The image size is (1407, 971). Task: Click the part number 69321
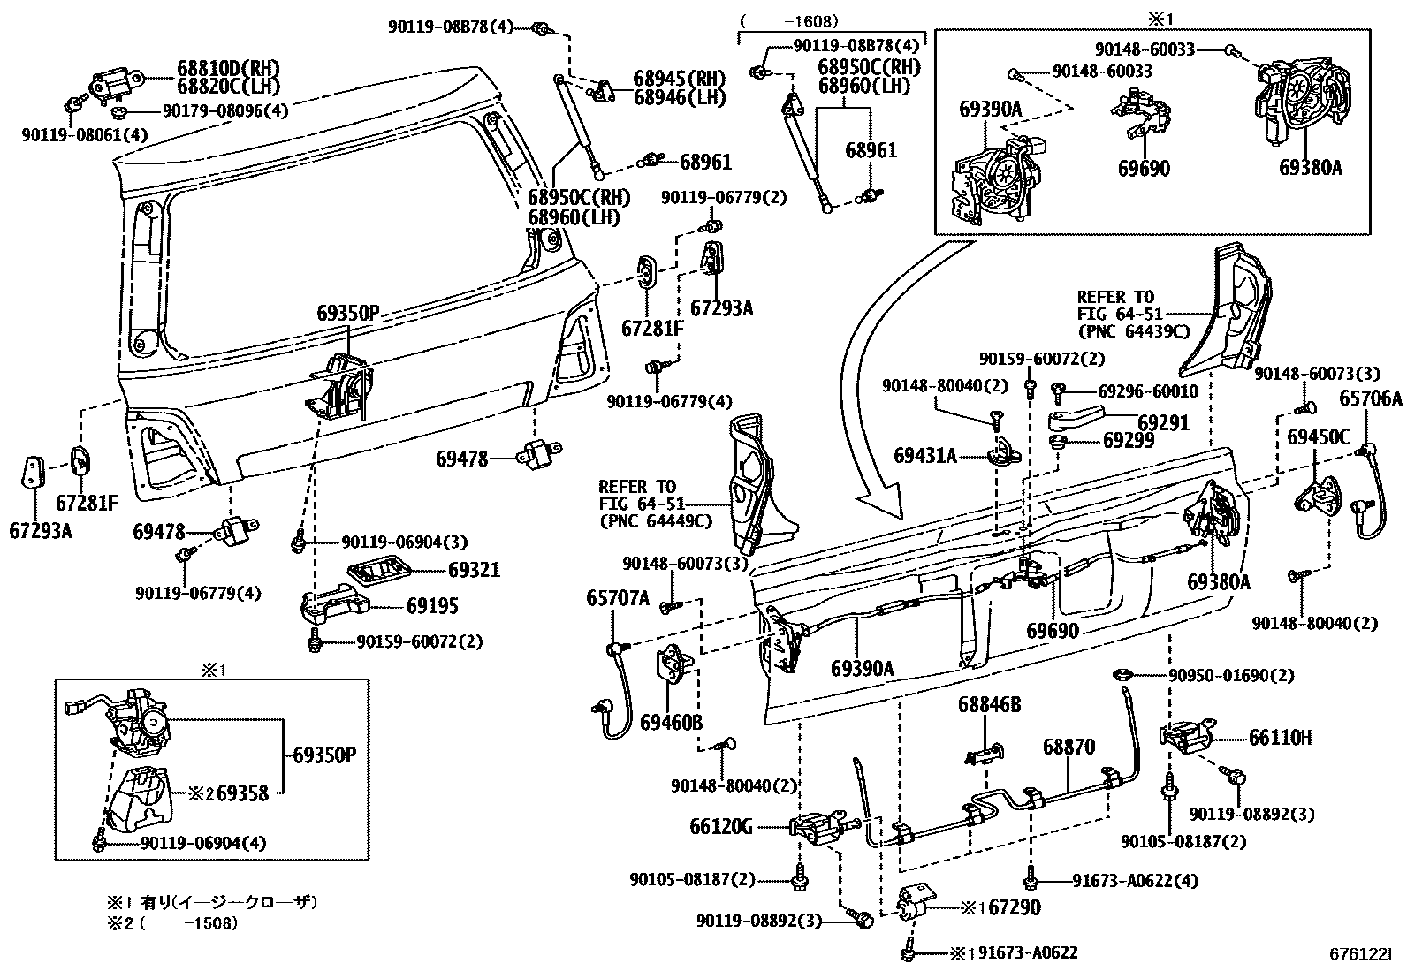(474, 570)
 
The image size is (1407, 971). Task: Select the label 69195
(432, 606)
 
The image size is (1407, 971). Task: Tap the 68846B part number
(989, 705)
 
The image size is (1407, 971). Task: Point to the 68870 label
(1069, 747)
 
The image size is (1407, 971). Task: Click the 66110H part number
(1280, 738)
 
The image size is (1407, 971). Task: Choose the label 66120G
(721, 827)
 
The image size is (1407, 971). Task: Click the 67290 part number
(1015, 907)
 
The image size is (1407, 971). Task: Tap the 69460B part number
(671, 723)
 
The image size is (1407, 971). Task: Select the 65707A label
(618, 598)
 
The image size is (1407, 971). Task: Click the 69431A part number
(925, 456)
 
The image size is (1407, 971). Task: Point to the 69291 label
(1164, 422)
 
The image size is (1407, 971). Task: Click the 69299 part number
(1129, 441)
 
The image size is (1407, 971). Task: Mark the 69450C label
(1319, 437)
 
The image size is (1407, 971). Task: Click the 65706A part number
(1371, 398)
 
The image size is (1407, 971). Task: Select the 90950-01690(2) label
(1232, 676)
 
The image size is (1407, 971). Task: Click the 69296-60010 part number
(1148, 391)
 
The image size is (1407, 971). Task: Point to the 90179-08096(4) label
(225, 111)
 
